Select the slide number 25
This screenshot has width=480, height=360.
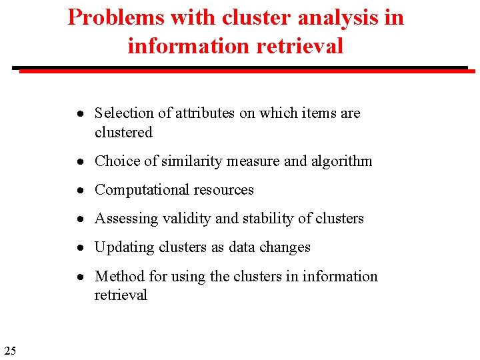(x=10, y=351)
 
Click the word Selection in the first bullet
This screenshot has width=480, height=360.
(x=124, y=113)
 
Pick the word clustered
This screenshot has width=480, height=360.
(x=123, y=133)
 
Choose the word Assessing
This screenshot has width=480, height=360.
(x=123, y=219)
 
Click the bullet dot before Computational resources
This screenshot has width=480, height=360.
(x=79, y=191)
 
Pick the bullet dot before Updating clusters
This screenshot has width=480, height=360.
(x=79, y=248)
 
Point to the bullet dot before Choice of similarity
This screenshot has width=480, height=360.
(x=79, y=162)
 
